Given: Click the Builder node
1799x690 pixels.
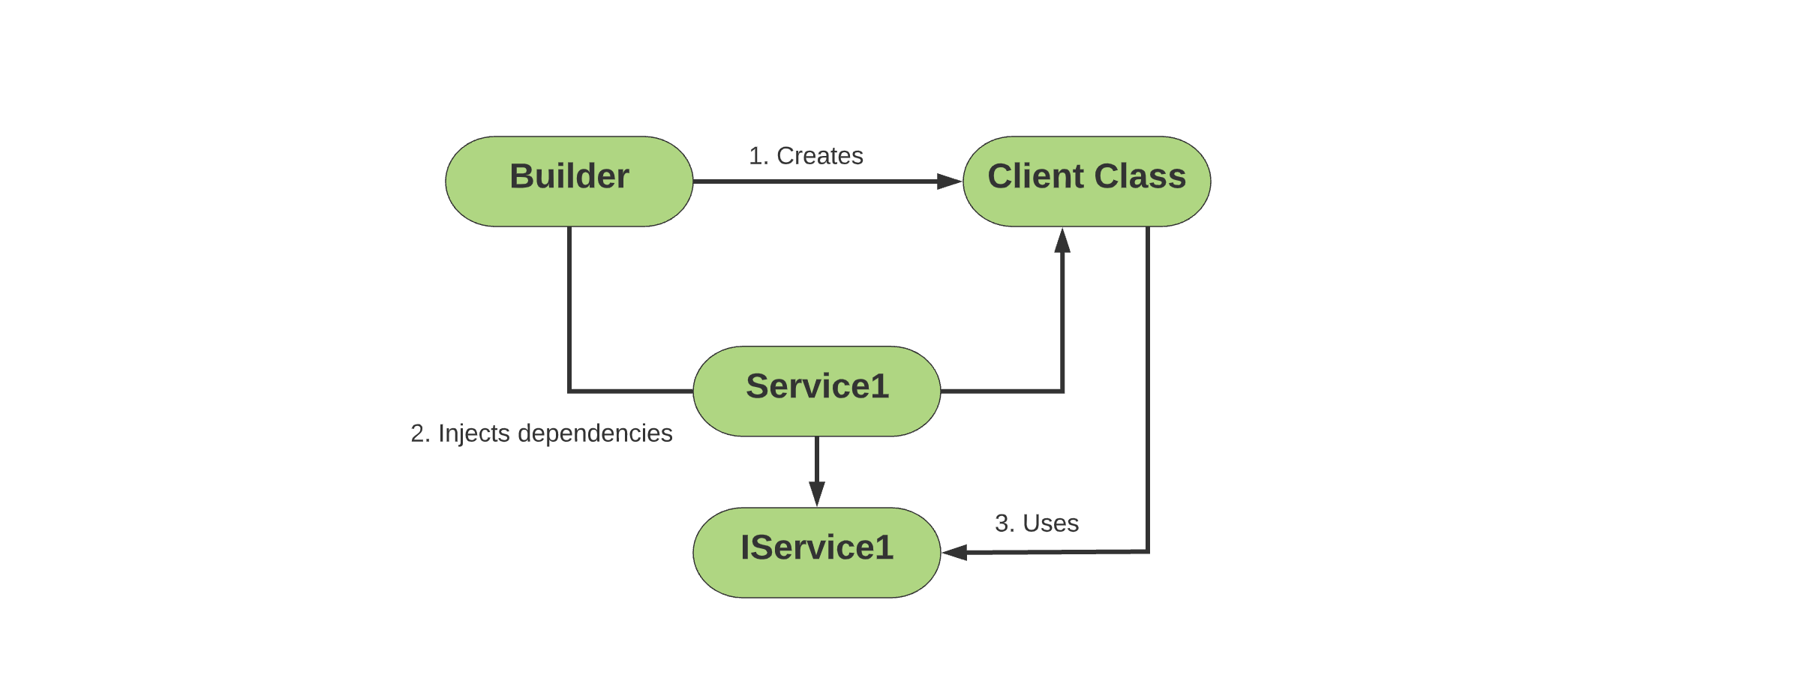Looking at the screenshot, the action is pyautogui.click(x=569, y=181).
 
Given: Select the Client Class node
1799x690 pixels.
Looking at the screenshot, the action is pyautogui.click(x=1087, y=181).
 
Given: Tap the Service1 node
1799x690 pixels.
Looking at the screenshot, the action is pyautogui.click(x=817, y=391).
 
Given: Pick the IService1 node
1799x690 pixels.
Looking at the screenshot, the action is pyautogui.click(x=817, y=553).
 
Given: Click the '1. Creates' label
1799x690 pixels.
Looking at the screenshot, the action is pyautogui.click(x=806, y=156).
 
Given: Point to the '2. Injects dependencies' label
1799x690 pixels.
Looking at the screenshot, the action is pyautogui.click(x=542, y=433).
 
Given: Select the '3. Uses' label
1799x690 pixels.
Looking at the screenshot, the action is pyautogui.click(x=1037, y=523).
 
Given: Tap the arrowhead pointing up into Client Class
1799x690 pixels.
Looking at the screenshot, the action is pyautogui.click(x=1062, y=241).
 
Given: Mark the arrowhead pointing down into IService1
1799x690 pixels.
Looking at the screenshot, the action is pyautogui.click(x=817, y=493).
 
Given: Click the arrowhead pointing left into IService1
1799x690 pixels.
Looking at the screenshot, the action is pyautogui.click(x=954, y=553).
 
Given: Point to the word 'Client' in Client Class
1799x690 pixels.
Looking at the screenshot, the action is pyautogui.click(x=1036, y=177).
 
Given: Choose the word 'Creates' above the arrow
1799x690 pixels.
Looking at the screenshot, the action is pyautogui.click(x=820, y=156).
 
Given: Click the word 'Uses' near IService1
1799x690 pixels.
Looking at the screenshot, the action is pyautogui.click(x=1051, y=523).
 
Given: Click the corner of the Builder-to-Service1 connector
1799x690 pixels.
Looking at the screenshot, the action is pyautogui.click(x=569, y=391).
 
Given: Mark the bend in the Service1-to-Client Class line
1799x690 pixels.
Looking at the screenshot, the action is pyautogui.click(x=1062, y=391).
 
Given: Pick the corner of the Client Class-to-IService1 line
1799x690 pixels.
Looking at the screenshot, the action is pyautogui.click(x=1148, y=552).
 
